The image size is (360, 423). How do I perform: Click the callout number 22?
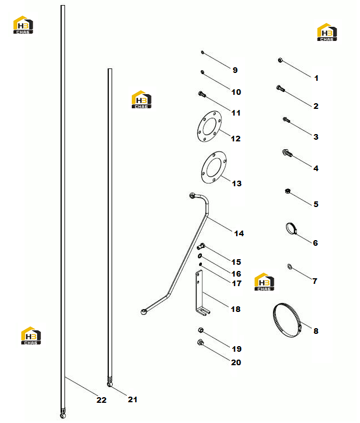[101, 400]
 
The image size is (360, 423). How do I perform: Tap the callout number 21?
[132, 399]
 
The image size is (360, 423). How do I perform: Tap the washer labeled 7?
[289, 267]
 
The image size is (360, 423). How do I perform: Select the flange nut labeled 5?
[288, 191]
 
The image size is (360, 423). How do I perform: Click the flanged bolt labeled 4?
[287, 153]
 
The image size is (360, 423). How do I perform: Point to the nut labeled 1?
[280, 60]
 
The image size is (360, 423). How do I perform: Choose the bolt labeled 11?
[202, 94]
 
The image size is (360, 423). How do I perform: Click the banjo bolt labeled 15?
[201, 246]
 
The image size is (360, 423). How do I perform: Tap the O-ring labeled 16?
[200, 256]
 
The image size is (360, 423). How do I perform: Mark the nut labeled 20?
[200, 343]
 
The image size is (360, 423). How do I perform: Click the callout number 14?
[239, 233]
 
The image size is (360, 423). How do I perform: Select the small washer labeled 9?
[202, 52]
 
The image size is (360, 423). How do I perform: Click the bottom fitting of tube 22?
[63, 414]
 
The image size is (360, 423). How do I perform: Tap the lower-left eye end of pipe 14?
[144, 312]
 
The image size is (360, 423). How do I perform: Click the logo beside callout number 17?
[264, 282]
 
